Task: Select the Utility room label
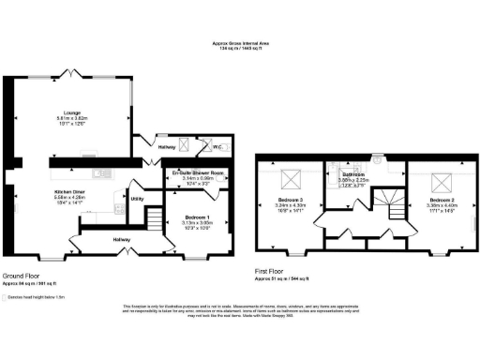(x=137, y=199)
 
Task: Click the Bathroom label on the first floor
(x=352, y=174)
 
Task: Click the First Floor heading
(x=273, y=273)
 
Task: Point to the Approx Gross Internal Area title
(x=239, y=43)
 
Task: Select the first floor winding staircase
(x=387, y=202)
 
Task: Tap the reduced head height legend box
(x=7, y=295)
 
